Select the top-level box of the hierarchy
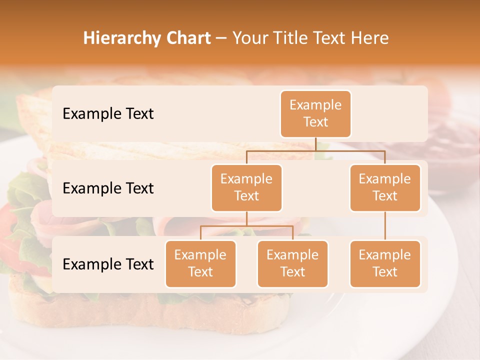tap(315, 113)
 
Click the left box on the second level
tap(246, 187)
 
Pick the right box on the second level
tap(385, 187)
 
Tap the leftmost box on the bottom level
tap(200, 263)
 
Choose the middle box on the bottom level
tap(292, 263)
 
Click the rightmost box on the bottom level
tap(385, 263)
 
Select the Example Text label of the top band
tap(108, 113)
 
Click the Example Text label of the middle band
tap(108, 188)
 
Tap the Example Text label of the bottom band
tap(108, 264)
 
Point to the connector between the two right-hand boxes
tap(385, 226)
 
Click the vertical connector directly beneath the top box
tap(315, 144)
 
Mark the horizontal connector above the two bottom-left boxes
tap(246, 226)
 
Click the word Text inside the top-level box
tap(315, 122)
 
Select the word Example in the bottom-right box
tap(385, 255)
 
